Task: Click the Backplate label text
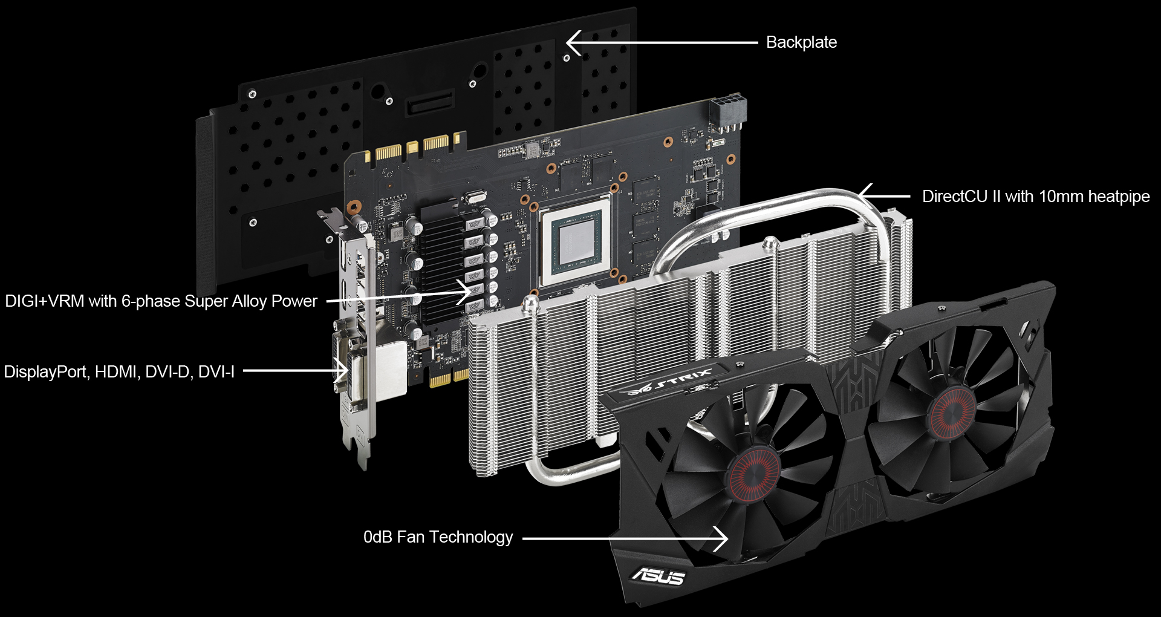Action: [x=801, y=42]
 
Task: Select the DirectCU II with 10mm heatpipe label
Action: [x=1036, y=197]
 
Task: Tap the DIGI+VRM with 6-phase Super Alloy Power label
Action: [x=161, y=301]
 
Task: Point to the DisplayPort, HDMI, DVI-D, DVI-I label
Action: [x=119, y=371]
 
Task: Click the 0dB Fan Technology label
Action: [x=438, y=537]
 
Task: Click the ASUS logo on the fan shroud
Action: [x=658, y=576]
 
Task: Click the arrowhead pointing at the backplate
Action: [x=574, y=43]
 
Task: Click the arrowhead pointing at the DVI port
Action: [x=340, y=371]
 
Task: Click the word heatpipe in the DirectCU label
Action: [x=1119, y=197]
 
